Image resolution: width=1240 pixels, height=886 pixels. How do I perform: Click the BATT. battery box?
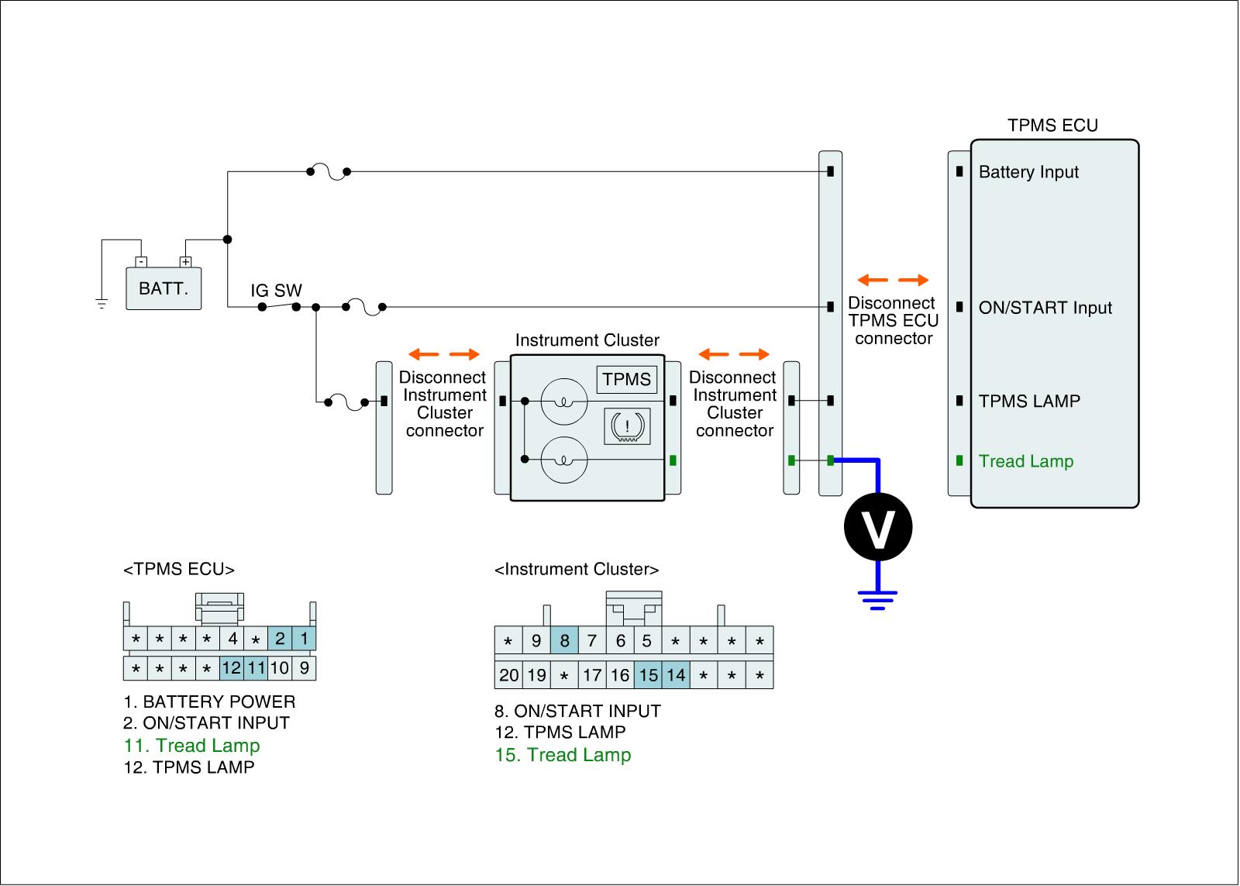(x=164, y=288)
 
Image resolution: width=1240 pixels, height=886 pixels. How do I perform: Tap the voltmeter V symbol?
(x=877, y=527)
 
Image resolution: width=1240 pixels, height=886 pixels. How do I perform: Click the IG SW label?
(x=276, y=291)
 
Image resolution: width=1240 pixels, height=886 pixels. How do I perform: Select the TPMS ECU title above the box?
(x=1052, y=126)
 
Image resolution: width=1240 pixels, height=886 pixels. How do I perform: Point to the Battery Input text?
(x=1028, y=172)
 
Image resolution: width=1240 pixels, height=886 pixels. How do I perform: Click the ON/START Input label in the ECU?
(x=1045, y=308)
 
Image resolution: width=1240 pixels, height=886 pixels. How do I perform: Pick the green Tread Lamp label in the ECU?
(x=1026, y=461)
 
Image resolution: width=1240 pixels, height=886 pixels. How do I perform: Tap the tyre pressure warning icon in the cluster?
(x=627, y=427)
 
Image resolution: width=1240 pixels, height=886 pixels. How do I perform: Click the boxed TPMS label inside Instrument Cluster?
(x=627, y=380)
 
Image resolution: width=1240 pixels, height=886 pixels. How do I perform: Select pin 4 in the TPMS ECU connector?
(x=232, y=640)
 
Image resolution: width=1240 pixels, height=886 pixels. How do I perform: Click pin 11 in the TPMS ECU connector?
(x=256, y=667)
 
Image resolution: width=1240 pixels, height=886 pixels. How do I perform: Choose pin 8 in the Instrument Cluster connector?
(x=564, y=640)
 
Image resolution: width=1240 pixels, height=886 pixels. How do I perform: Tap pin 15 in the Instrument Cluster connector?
(x=648, y=675)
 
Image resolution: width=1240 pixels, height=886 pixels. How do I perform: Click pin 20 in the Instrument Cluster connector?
(x=508, y=675)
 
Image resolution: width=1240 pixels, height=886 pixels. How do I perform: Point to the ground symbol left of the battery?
(x=102, y=302)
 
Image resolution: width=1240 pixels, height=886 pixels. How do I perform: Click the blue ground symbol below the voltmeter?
(x=877, y=599)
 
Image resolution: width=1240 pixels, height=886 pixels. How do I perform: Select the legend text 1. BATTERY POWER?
(x=209, y=702)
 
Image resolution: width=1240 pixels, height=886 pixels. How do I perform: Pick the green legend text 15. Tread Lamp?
(x=563, y=755)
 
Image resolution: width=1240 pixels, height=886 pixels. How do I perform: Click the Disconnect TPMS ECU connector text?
(x=893, y=321)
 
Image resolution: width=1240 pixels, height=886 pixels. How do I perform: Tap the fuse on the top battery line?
(x=328, y=172)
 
